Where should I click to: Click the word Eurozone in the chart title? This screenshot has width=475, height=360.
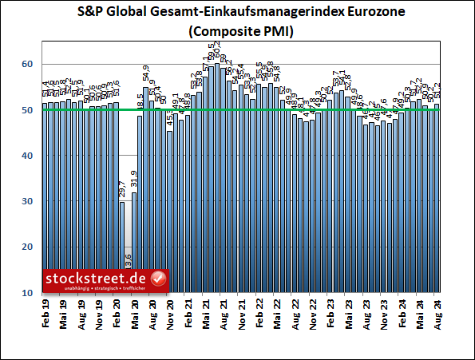tap(357, 14)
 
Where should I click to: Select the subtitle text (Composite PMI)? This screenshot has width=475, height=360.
tap(237, 33)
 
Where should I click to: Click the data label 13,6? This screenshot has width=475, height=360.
tap(129, 263)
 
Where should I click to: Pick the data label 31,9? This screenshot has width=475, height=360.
tap(134, 180)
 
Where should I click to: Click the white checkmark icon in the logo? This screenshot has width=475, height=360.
tap(157, 279)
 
